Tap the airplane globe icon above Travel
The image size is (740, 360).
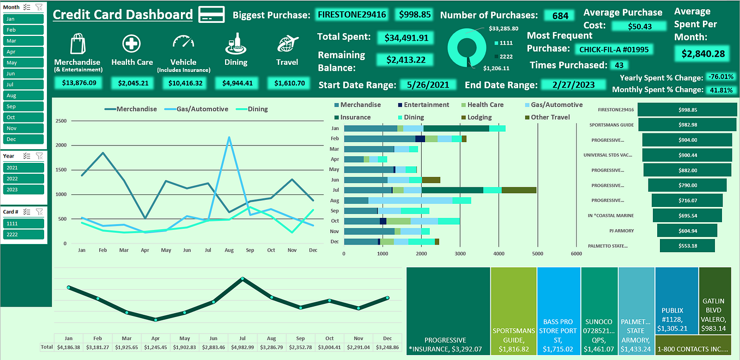tap(287, 44)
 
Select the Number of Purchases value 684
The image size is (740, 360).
tap(560, 16)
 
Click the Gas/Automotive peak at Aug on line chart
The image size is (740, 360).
tap(229, 137)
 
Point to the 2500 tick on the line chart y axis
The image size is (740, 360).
tap(61, 121)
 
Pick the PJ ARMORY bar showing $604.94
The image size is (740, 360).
tap(687, 230)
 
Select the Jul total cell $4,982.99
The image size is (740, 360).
tap(242, 347)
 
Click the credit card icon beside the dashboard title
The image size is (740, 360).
tap(211, 15)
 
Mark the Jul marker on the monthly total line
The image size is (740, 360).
tap(242, 279)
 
